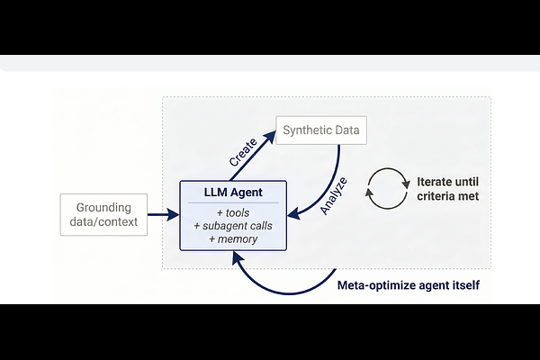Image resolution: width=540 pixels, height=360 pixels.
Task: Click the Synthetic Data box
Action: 321,130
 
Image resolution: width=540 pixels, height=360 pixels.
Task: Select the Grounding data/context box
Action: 103,214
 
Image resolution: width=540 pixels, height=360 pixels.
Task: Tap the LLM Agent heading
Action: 233,193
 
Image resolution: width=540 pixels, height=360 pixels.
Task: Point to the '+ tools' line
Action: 233,213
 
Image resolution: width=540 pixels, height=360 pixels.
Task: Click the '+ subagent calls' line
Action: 233,226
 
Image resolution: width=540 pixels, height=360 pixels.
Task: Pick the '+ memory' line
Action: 233,239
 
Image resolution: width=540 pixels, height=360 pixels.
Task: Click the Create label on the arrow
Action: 243,152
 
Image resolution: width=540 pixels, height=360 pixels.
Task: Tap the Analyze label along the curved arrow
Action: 333,195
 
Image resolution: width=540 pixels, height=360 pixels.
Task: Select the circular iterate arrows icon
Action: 387,168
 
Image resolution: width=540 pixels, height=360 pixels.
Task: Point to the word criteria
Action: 435,196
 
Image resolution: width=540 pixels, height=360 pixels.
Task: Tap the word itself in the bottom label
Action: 466,285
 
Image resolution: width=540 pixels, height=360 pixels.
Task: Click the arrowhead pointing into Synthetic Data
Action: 270,138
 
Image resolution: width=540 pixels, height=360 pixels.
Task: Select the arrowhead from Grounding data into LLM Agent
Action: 173,214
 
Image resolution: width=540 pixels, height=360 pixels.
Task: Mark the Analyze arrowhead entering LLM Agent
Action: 293,214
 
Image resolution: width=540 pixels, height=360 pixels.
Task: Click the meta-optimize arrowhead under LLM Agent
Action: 238,257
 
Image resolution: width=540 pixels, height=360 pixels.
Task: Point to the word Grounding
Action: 103,208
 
